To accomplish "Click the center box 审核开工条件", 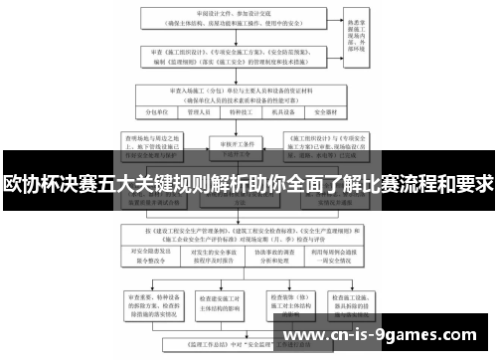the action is click(x=238, y=143).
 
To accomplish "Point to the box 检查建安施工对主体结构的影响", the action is click(x=218, y=302).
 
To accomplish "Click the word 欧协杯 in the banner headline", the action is click(x=31, y=186).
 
